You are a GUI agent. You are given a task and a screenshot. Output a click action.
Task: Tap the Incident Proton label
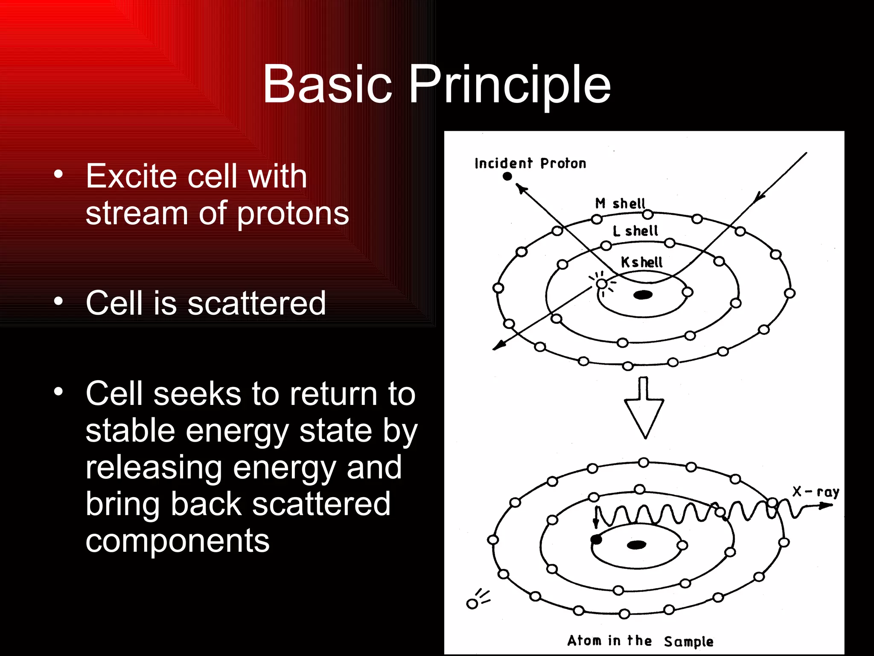click(x=530, y=164)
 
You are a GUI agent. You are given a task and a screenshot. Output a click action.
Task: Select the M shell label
click(x=620, y=204)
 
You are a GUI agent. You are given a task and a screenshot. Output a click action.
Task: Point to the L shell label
click(x=635, y=231)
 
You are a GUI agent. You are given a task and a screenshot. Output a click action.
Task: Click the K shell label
click(x=641, y=262)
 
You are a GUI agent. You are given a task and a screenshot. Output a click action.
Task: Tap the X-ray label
click(x=816, y=492)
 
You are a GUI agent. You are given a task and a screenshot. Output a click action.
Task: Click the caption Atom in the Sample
click(x=640, y=641)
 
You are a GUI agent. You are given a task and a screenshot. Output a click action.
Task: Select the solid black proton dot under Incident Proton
click(x=507, y=176)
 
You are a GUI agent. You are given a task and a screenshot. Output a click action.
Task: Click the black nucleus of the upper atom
click(x=643, y=295)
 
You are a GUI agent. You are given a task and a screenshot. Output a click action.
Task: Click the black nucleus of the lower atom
click(x=637, y=545)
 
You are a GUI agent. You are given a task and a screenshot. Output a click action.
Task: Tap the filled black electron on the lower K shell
click(x=596, y=540)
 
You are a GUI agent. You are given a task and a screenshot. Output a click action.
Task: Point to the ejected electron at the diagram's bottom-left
click(x=472, y=604)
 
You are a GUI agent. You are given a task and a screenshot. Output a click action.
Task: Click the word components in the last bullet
click(x=178, y=541)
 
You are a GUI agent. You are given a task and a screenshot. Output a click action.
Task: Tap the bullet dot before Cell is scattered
click(x=58, y=302)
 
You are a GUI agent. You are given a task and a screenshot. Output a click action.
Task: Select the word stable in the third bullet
click(x=130, y=430)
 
